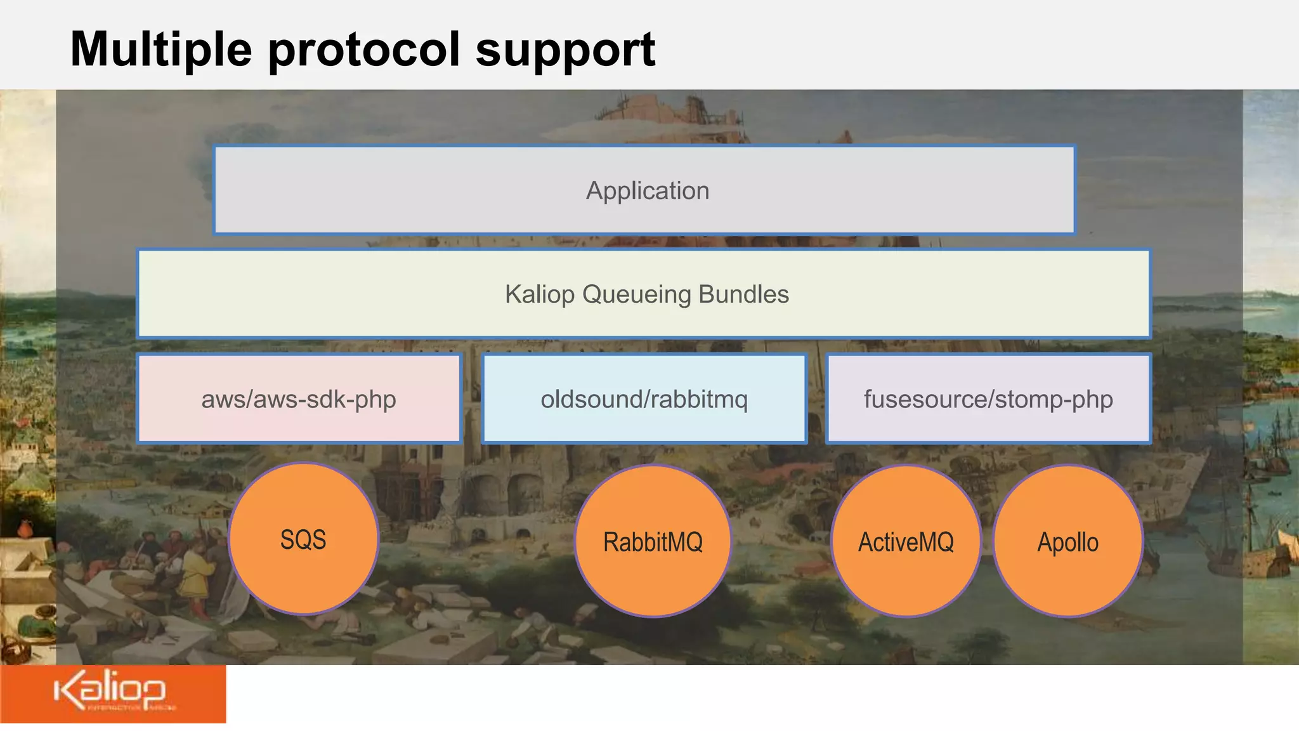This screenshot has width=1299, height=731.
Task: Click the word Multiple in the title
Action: pyautogui.click(x=161, y=49)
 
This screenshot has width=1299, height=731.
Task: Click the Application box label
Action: pyautogui.click(x=647, y=190)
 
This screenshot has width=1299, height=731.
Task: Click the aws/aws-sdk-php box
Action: pyautogui.click(x=299, y=399)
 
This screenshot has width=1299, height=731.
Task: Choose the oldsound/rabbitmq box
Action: pyautogui.click(x=644, y=399)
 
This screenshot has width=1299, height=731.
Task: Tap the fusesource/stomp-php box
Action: pyautogui.click(x=988, y=399)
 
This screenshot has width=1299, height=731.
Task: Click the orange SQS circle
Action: pyautogui.click(x=303, y=539)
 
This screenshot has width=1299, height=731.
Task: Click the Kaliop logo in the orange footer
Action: pyautogui.click(x=111, y=692)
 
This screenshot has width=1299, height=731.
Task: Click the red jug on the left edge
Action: pyautogui.click(x=25, y=528)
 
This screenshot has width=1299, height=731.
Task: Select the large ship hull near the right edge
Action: pyautogui.click(x=1269, y=558)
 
